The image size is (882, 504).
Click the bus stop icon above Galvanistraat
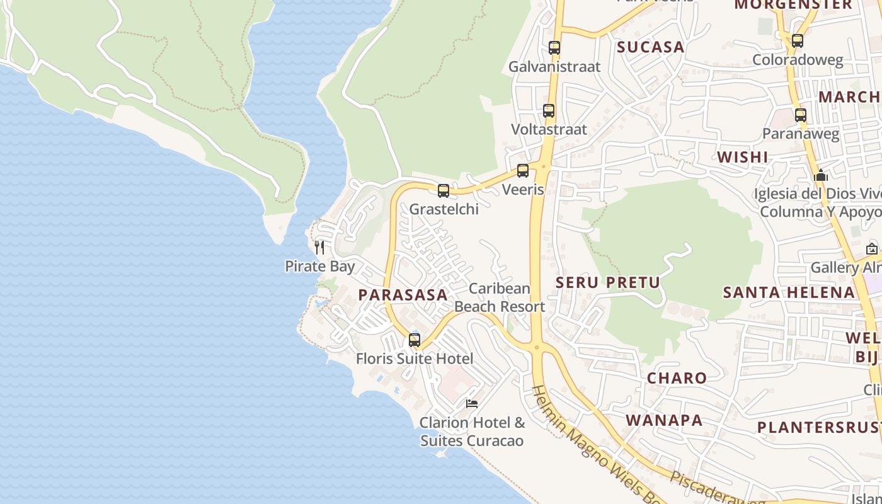point(554,48)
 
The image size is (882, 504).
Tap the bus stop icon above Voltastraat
point(549,111)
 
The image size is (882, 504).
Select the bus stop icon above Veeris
point(523,171)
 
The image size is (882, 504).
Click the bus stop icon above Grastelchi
point(444,191)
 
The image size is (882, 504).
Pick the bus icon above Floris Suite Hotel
point(415,340)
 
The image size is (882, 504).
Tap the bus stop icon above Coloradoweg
point(798,41)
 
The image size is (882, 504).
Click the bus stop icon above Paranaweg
point(801,115)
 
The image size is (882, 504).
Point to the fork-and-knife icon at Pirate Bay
point(319,248)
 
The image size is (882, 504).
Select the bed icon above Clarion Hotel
point(472,404)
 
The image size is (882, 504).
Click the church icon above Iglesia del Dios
point(821,175)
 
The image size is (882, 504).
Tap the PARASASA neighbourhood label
point(403,295)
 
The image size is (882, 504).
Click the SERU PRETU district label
point(607,282)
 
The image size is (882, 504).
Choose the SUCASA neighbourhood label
point(650,47)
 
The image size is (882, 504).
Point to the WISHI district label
point(743,157)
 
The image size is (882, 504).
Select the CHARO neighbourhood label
point(677,378)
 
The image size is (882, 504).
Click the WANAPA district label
point(664,420)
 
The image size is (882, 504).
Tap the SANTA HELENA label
point(789,292)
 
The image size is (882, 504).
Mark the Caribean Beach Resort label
point(500,297)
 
